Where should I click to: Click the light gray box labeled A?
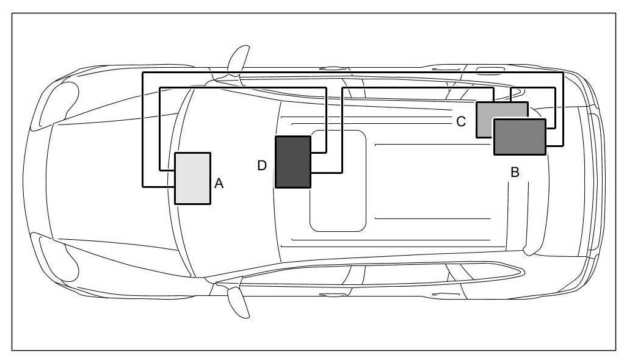pos(193,178)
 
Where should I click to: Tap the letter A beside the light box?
pos(219,183)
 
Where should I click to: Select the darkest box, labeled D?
pos(293,162)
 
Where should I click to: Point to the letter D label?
pos(262,165)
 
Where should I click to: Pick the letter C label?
pos(462,121)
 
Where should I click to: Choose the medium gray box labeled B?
pos(520,137)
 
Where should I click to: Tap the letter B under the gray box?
pos(515,173)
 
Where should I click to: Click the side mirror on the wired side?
pos(238,57)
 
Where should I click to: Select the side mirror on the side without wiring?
pos(238,301)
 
